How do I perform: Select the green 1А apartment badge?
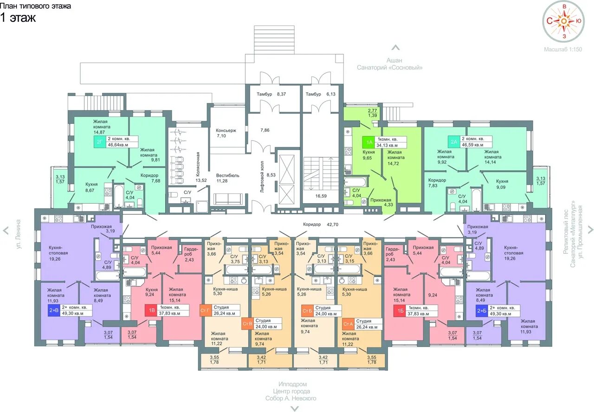pos(369,142)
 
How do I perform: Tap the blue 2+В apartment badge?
pos(54,310)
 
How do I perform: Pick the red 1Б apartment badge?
pos(400,311)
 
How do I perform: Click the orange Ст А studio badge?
pos(348,324)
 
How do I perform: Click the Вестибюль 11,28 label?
pos(227,178)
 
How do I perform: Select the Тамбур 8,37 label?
pos(271,94)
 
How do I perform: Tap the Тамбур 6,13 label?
pos(320,94)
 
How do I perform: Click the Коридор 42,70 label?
pos(321,225)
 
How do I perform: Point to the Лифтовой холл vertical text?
pos(262,176)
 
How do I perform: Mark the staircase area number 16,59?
pos(321,196)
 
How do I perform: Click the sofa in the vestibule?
pos(228,199)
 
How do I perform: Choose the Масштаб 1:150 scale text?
pos(563,49)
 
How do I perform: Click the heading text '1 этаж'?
pos(18,18)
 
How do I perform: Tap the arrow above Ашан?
pos(396,48)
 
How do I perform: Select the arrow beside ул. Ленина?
pos(6,231)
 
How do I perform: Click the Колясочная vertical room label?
pos(198,164)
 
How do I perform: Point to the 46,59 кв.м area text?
pos(472,145)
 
